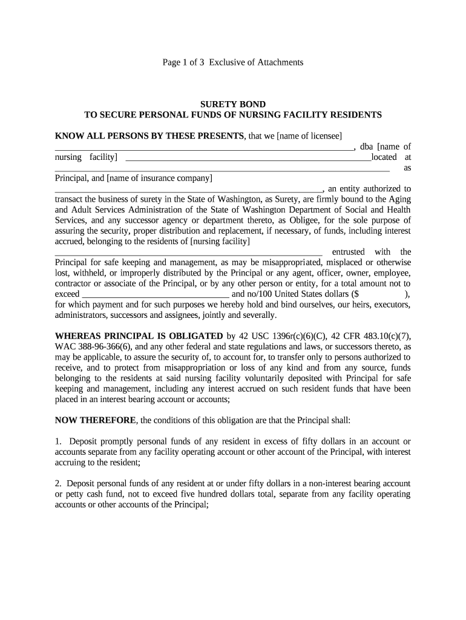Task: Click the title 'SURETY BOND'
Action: pyautogui.click(x=233, y=105)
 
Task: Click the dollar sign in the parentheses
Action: pyautogui.click(x=361, y=294)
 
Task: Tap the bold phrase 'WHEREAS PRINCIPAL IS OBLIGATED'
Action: pyautogui.click(x=139, y=336)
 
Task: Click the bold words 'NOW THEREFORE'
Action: pyautogui.click(x=96, y=420)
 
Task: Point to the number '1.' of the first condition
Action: pyautogui.click(x=59, y=441)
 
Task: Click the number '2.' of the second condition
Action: pyautogui.click(x=59, y=483)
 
